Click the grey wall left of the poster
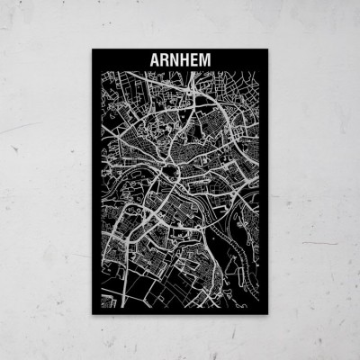coord(45,180)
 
